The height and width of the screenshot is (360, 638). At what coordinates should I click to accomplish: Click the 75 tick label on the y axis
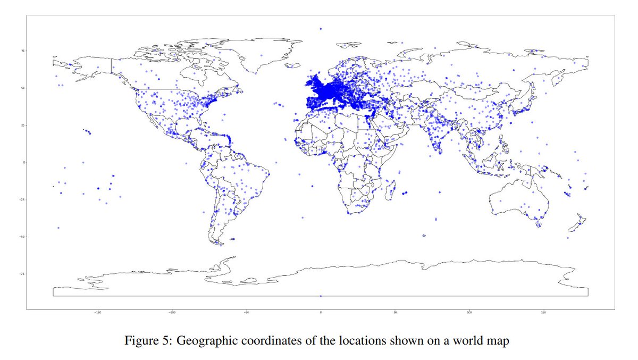click(23, 51)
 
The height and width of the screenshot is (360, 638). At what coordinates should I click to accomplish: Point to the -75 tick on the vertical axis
click(22, 274)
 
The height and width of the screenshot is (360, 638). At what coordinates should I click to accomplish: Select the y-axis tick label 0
click(23, 162)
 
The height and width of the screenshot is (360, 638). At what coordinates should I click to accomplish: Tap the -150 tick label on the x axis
click(98, 313)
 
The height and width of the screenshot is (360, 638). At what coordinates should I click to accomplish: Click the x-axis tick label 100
click(469, 313)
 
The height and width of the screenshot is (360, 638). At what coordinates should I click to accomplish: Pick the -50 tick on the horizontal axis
click(246, 313)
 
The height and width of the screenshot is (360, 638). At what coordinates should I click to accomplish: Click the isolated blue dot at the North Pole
click(321, 29)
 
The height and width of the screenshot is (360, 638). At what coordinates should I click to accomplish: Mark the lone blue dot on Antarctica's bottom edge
click(321, 296)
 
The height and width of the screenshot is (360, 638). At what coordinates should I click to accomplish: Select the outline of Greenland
click(266, 56)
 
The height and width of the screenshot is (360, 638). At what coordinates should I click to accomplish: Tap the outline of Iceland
click(293, 65)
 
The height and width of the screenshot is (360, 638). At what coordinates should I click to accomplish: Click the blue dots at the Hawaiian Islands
click(87, 131)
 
